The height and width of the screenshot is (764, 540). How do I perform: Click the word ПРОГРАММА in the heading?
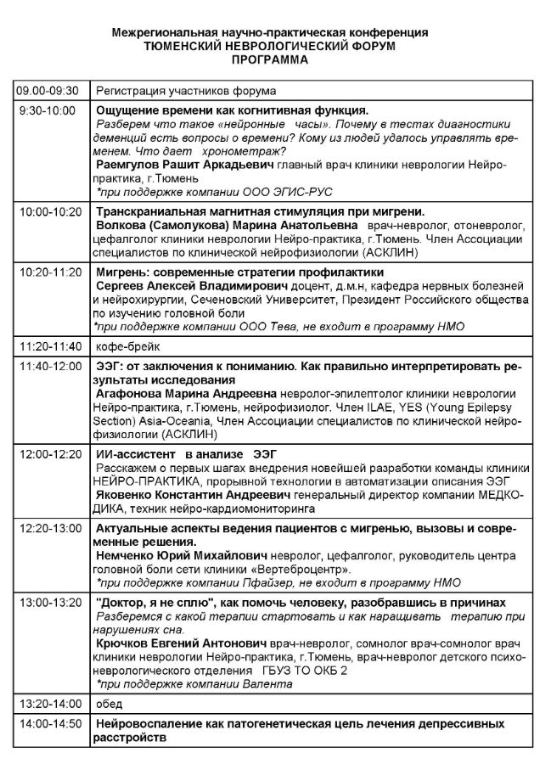pos(270,60)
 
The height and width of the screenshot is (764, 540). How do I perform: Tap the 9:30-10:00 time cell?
pos(48,110)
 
